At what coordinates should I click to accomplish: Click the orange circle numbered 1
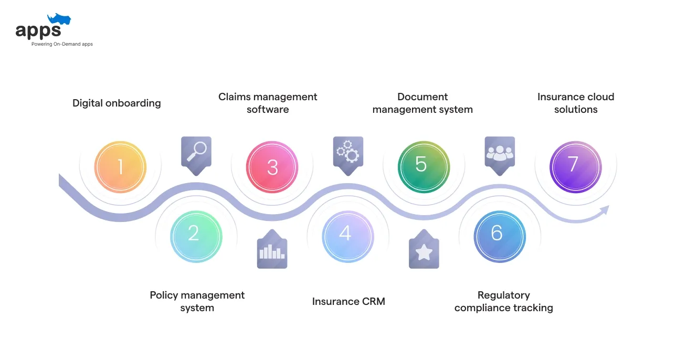pos(120,167)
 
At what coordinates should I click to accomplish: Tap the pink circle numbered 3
pos(272,167)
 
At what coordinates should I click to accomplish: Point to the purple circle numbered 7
pos(575,167)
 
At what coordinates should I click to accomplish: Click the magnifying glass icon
pos(196,152)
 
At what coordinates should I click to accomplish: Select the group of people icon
pos(500,152)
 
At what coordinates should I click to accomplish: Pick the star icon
pos(424,252)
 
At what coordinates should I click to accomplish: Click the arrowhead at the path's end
pos(604,210)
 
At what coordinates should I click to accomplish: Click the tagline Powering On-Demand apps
pos(62,44)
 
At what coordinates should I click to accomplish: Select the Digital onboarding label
pos(117,103)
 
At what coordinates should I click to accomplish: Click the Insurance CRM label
pos(348,301)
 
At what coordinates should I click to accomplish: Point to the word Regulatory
pos(503,295)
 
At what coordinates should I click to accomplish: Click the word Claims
pos(234,97)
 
